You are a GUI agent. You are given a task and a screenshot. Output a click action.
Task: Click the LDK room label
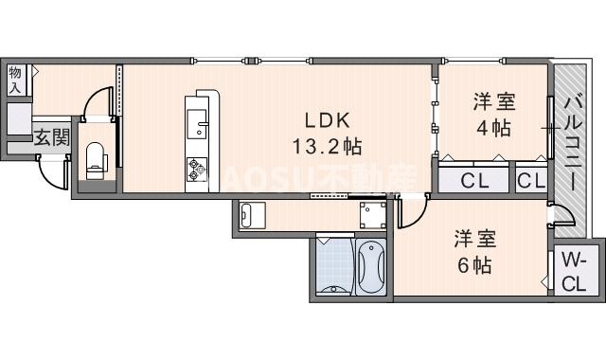tap(327, 120)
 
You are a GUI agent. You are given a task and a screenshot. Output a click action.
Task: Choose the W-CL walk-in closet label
tap(574, 272)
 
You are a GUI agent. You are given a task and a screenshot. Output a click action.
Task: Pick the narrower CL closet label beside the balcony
tap(530, 180)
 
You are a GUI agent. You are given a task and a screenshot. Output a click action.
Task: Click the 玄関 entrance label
tap(52, 137)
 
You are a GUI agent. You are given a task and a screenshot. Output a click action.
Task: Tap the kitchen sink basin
tap(199, 122)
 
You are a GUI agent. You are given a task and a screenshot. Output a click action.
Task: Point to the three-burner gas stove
tap(197, 169)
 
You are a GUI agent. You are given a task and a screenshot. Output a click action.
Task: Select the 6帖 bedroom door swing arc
tap(410, 213)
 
